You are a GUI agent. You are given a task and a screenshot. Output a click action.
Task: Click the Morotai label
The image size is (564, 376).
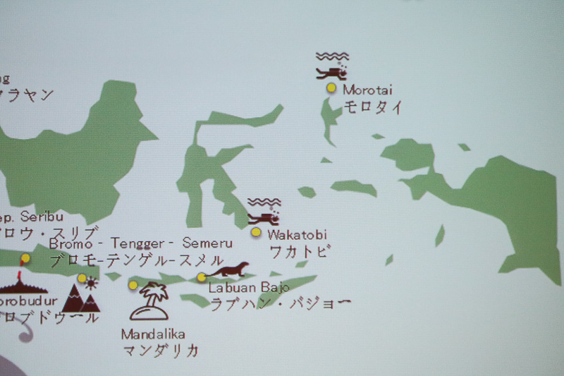pyautogui.click(x=367, y=90)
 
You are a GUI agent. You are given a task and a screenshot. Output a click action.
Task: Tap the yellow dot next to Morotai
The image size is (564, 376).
pyautogui.click(x=331, y=88)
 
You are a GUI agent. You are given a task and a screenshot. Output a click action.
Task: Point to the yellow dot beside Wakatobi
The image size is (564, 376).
pyautogui.click(x=256, y=232)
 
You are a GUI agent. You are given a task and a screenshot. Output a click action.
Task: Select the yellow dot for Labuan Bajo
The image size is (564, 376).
pyautogui.click(x=202, y=277)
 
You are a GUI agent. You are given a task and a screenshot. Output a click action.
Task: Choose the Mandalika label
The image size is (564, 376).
pyautogui.click(x=153, y=334)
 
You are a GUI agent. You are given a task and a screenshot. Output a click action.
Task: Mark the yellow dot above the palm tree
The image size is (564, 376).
pyautogui.click(x=133, y=285)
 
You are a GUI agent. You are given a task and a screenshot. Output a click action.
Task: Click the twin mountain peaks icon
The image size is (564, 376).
pyautogui.click(x=81, y=300)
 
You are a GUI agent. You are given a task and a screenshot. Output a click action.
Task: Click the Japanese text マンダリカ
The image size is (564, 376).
pyautogui.click(x=160, y=350)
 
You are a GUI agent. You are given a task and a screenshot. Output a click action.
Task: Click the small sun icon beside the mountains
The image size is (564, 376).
pyautogui.click(x=92, y=283)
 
